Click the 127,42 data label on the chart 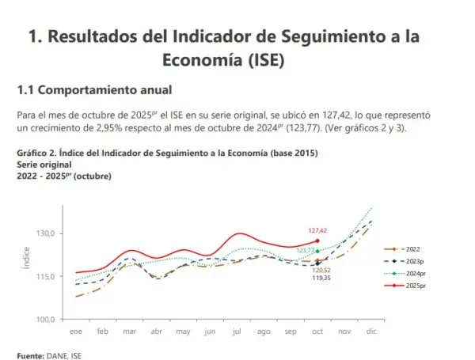tap(317, 230)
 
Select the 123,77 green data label tap(306, 251)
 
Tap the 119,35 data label tap(320, 279)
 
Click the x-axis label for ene tap(76, 332)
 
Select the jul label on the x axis tap(237, 332)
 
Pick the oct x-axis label tap(317, 332)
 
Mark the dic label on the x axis tap(370, 332)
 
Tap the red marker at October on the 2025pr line tap(317, 241)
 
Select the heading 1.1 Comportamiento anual tap(94, 90)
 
